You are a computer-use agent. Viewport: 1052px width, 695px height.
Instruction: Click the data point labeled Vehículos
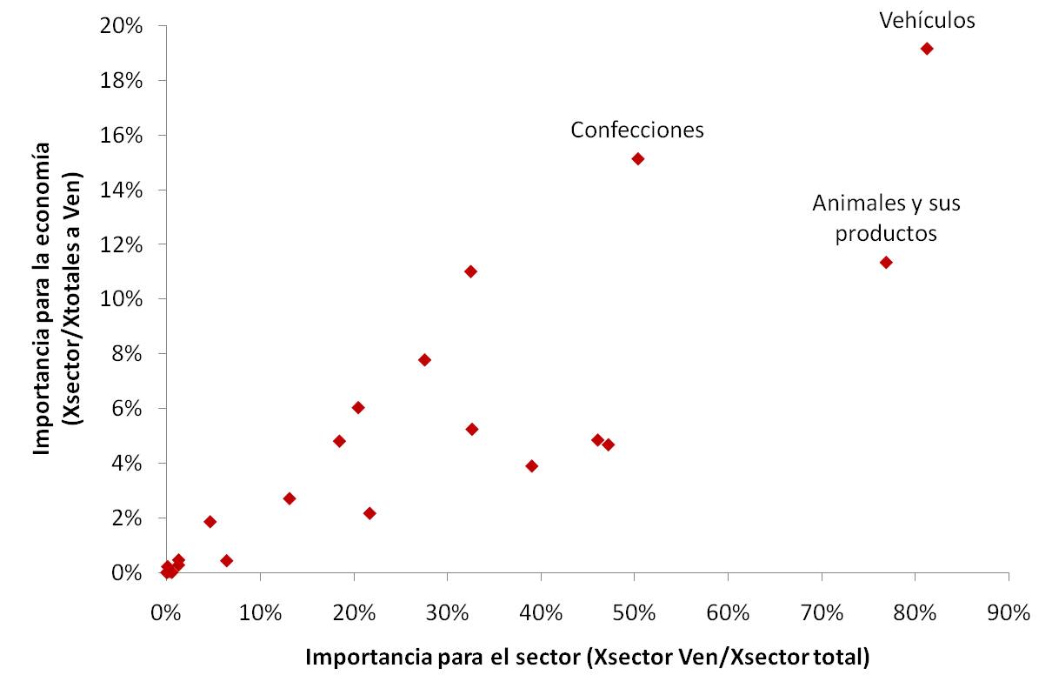927,49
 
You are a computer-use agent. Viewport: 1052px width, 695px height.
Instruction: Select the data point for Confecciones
638,158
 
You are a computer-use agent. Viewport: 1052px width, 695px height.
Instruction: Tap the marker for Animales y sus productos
886,262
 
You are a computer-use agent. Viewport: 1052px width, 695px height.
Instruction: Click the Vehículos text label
927,21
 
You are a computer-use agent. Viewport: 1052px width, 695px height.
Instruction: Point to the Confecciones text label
637,130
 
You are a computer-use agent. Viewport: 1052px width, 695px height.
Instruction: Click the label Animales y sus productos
886,218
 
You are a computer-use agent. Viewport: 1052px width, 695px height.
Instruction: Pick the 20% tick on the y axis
123,25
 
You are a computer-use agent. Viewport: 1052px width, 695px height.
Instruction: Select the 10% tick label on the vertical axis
123,299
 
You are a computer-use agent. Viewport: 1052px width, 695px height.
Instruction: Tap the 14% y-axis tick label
123,190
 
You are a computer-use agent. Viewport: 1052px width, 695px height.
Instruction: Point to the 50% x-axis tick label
634,611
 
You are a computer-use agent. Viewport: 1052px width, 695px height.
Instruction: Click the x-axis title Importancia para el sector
587,658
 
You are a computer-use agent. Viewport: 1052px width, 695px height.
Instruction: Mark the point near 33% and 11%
470,271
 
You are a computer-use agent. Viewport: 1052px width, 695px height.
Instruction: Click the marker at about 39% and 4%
532,466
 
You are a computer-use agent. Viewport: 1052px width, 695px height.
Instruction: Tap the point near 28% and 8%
424,359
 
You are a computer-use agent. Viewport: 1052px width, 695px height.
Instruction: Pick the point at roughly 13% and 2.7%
290,498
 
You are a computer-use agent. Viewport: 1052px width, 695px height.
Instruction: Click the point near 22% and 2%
370,513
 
